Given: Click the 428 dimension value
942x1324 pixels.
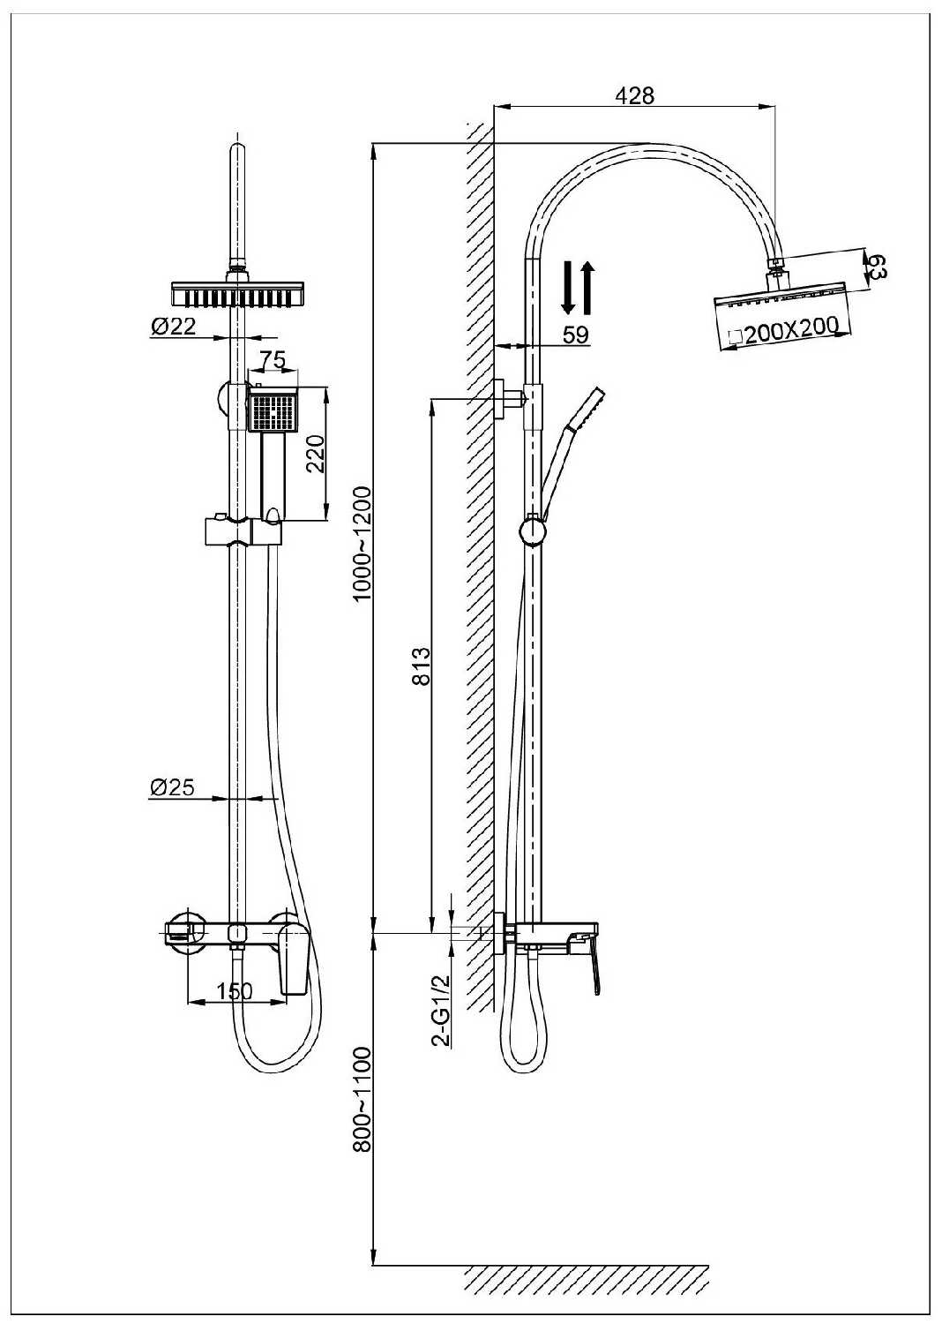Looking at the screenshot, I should tap(635, 95).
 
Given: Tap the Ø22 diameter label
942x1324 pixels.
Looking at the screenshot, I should tap(172, 327).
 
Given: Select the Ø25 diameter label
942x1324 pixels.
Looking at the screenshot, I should tap(172, 787).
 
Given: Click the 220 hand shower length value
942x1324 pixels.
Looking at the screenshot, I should tap(316, 454).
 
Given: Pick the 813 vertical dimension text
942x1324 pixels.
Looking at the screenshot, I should tap(421, 666).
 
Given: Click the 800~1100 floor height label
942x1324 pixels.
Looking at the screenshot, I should tap(362, 1100).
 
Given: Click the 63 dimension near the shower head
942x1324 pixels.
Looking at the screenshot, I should tap(878, 265).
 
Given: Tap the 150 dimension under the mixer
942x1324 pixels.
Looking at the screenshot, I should tap(235, 991).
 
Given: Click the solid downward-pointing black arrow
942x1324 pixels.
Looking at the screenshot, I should tap(569, 287).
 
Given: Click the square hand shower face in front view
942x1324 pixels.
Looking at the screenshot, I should tap(273, 411).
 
